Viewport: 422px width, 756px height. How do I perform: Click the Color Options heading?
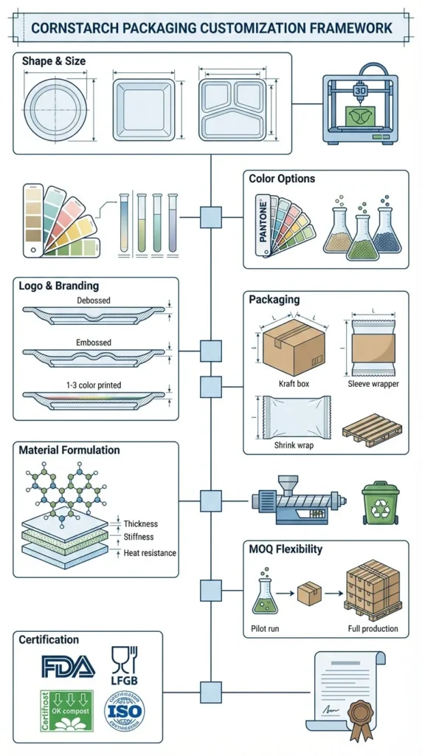(x=282, y=179)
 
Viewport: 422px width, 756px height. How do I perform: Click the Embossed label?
(x=94, y=343)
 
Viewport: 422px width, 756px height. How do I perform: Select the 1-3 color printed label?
(x=94, y=385)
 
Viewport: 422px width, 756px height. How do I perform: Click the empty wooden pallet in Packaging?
(x=373, y=429)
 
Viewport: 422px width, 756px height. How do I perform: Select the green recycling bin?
(x=380, y=504)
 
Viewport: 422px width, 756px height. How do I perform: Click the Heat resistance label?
(x=150, y=553)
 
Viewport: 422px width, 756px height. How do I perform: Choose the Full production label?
(x=373, y=629)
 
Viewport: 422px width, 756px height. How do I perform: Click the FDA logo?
(x=68, y=667)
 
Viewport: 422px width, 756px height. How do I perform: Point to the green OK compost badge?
(x=66, y=711)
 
